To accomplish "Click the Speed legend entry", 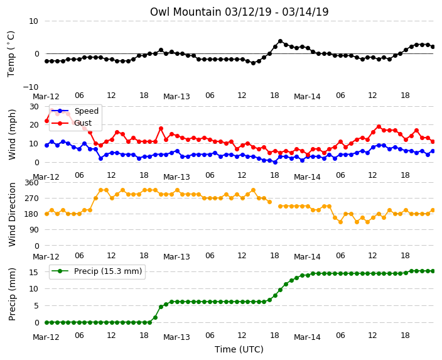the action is [x=75, y=111].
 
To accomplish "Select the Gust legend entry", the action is [x=72, y=123].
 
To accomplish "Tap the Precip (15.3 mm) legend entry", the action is [x=97, y=271].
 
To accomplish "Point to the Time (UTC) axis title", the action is [x=239, y=349].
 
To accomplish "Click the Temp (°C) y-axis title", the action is [x=11, y=54].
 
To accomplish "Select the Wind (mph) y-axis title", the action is [x=12, y=134].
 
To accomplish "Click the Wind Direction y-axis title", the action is [x=12, y=214].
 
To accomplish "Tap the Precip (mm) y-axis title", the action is [x=12, y=294].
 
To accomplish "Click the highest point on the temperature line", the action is [x=280, y=41].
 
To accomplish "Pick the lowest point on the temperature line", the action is [x=253, y=63].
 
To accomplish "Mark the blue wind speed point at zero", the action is [x=275, y=162].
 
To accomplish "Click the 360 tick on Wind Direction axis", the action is [x=31, y=183].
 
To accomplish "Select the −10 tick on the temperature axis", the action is [x=30, y=87].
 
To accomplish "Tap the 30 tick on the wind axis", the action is [x=34, y=107].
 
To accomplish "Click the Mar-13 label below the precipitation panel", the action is [x=177, y=337].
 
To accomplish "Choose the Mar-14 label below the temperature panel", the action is [x=307, y=97].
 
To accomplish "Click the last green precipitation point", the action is [x=433, y=271].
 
